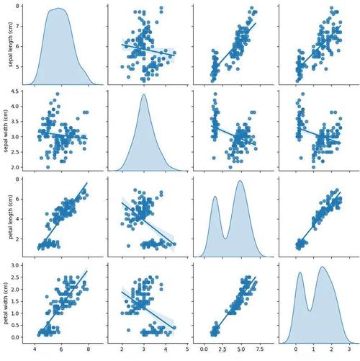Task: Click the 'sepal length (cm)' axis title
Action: pyautogui.click(x=10, y=45)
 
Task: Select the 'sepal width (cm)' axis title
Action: pyautogui.click(x=6, y=131)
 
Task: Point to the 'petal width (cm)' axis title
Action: pyautogui.click(x=6, y=303)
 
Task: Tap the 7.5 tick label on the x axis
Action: pyautogui.click(x=260, y=349)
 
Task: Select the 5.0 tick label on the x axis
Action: pyautogui.click(x=241, y=349)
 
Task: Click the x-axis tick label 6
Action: pyautogui.click(x=61, y=349)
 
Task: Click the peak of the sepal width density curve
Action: pyautogui.click(x=144, y=94)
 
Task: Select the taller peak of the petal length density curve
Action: pyautogui.click(x=240, y=181)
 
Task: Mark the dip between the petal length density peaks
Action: pyautogui.click(x=225, y=239)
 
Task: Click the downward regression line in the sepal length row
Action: pyautogui.click(x=148, y=50)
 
